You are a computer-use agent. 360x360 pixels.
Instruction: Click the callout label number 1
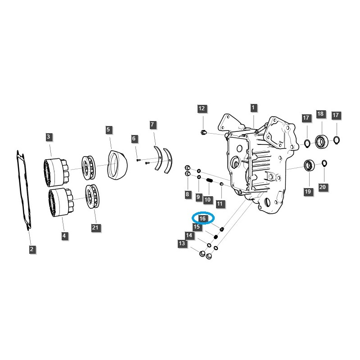tap(253, 108)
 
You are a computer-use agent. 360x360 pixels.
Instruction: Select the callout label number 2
tap(32, 249)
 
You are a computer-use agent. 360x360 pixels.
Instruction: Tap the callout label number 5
tap(108, 130)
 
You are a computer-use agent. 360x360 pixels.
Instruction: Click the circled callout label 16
tap(202, 218)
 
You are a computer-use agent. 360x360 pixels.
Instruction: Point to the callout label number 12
tap(202, 108)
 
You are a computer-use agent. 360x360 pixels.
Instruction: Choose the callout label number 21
tap(95, 228)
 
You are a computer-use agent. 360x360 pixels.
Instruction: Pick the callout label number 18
tap(320, 114)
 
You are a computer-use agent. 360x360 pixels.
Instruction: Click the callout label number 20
tap(322, 186)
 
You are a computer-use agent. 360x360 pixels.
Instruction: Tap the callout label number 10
tap(207, 199)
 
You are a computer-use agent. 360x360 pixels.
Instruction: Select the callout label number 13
tap(182, 243)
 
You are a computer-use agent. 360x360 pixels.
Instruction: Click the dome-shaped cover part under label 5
tap(118, 164)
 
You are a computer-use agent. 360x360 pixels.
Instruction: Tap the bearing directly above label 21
tap(93, 196)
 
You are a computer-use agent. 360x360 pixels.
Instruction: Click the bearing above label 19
tap(309, 165)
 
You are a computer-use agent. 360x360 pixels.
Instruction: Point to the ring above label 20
tap(324, 163)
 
